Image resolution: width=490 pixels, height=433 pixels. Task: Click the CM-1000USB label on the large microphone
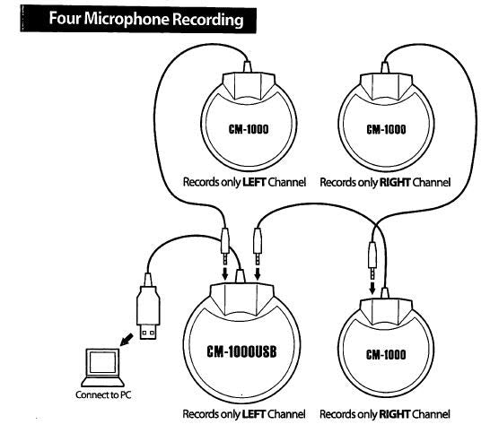point(237,351)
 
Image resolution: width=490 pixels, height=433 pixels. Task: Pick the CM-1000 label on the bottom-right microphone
point(387,353)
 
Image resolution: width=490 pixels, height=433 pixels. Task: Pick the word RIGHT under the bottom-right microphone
point(397,414)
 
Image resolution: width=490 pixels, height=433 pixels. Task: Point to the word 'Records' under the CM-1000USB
point(202,414)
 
